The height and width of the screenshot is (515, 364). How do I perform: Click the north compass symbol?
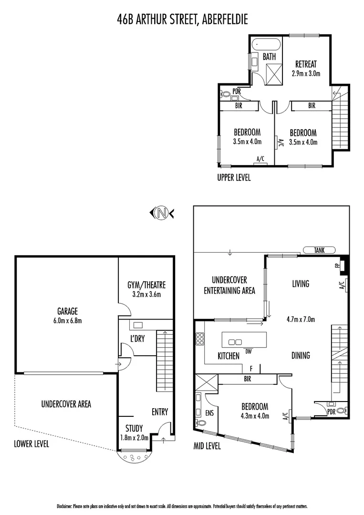[x=162, y=213]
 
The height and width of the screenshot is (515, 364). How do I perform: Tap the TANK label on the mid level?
[x=319, y=250]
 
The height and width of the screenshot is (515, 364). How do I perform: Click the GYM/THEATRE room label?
[x=146, y=289]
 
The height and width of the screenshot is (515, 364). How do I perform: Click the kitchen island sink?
[x=236, y=342]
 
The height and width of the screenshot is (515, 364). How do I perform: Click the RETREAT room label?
[x=306, y=68]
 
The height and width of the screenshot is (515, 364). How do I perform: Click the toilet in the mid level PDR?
[x=340, y=410]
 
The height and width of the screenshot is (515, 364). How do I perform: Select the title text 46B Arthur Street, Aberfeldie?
[x=182, y=19]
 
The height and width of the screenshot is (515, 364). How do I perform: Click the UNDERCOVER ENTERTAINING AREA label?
[x=229, y=285]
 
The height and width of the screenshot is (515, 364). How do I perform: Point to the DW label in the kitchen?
[x=248, y=352]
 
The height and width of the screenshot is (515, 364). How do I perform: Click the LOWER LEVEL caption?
[x=31, y=443]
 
